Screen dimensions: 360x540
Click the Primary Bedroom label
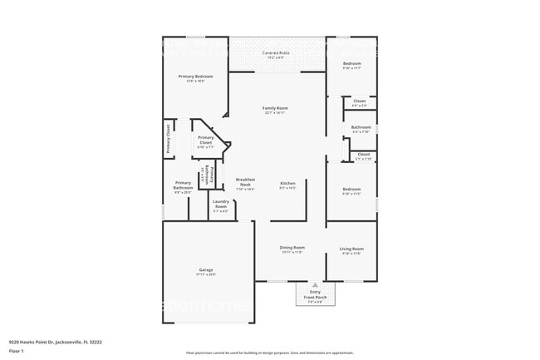[195, 76]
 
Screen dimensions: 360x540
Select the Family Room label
[276, 108]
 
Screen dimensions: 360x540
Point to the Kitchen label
[287, 183]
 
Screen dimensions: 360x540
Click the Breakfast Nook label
[245, 181]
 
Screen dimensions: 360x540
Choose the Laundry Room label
[221, 204]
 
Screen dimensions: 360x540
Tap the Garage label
[206, 269]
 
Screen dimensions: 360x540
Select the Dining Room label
[292, 248]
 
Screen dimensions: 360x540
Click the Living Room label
[351, 249]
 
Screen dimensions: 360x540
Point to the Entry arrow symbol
[315, 284]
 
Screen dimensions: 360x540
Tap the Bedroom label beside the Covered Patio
[352, 63]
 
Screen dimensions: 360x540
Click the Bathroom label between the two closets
[361, 127]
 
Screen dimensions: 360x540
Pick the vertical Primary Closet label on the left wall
[168, 139]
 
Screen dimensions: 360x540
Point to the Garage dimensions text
[206, 274]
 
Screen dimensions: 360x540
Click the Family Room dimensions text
[276, 113]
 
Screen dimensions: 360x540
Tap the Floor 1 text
[17, 349]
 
